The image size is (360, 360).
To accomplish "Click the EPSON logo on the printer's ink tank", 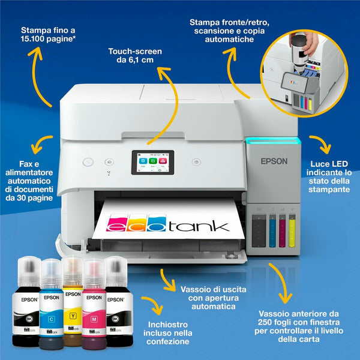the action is coord(274,161).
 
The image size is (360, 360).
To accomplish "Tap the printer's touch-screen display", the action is coord(153,163).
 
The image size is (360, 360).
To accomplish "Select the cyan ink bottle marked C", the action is coord(51,304).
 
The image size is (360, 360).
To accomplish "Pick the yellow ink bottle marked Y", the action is coord(73,302).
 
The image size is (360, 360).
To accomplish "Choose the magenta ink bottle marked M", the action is coord(94,304).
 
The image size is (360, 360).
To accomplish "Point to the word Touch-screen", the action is coord(135,52).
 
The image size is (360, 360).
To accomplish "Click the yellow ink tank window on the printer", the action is coord(292,231).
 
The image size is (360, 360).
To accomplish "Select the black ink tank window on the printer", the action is coord(259,231).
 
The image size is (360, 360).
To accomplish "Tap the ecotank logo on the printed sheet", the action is coord(167,223).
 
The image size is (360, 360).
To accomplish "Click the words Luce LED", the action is coord(329,164).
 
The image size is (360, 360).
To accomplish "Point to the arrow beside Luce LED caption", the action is coord(322,143).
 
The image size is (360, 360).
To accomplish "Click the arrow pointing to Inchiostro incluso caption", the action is coord(154,303).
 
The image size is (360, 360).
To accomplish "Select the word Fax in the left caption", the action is coord(26,164).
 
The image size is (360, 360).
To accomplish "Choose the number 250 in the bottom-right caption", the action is coord(265,322).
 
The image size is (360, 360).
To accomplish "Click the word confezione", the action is coord(168,341).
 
